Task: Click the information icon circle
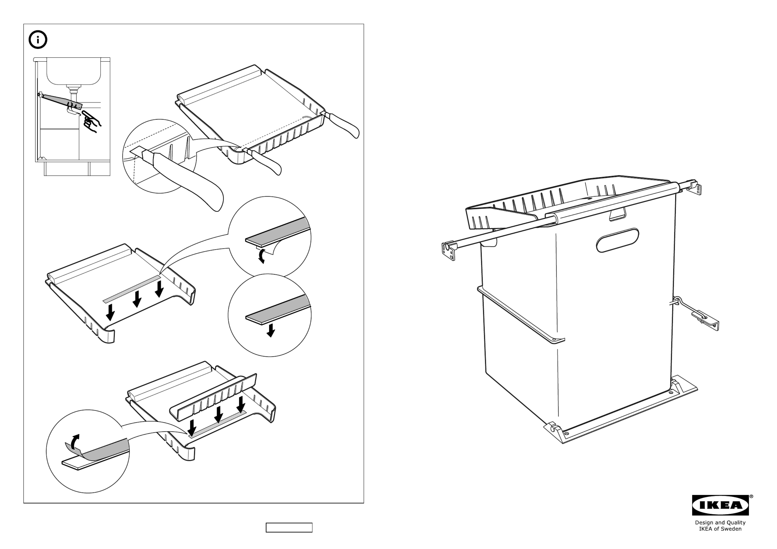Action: [38, 40]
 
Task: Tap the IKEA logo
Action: [720, 505]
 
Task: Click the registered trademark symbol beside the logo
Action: [751, 496]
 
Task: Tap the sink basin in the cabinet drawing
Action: [74, 71]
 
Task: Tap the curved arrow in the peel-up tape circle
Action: [76, 440]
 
